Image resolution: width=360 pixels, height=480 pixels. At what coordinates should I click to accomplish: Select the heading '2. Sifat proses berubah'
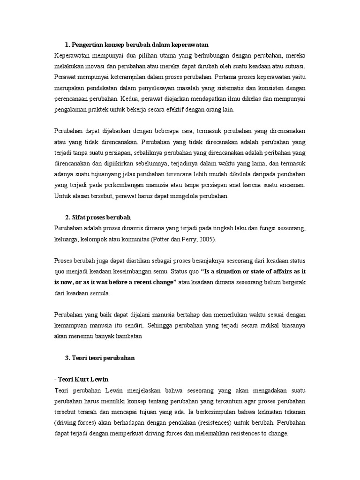click(x=98, y=217)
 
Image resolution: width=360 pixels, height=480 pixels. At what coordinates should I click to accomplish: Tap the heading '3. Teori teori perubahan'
click(x=100, y=358)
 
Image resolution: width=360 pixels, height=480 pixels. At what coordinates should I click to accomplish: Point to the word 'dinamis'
click(x=128, y=228)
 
